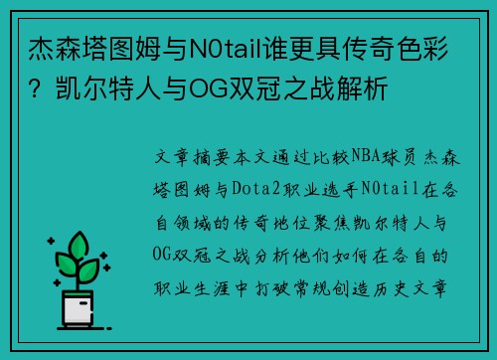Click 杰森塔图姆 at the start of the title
coord(95,47)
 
